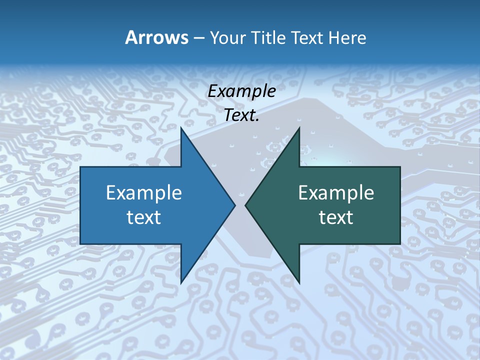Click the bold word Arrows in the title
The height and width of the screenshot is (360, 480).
[x=156, y=37]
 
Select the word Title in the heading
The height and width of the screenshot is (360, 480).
[x=269, y=37]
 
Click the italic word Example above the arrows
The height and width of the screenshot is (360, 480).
[x=241, y=91]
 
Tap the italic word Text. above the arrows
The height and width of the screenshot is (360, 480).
[x=241, y=115]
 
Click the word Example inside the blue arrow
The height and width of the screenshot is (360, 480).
[x=144, y=192]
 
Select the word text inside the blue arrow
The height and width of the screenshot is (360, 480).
[x=144, y=217]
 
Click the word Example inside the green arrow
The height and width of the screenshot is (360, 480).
[x=336, y=192]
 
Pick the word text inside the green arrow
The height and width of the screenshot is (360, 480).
[x=336, y=217]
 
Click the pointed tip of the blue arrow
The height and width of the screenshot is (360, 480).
[x=235, y=205]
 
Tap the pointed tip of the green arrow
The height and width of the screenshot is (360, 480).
[x=245, y=205]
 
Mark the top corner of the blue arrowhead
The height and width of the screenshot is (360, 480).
[x=181, y=128]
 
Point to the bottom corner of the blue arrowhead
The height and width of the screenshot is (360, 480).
[x=181, y=283]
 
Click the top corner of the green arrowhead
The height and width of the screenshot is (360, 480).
[x=299, y=128]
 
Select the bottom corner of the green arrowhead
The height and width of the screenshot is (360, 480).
[x=299, y=283]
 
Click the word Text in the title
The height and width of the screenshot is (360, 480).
[x=307, y=37]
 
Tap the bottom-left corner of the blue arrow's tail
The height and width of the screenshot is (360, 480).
[x=80, y=243]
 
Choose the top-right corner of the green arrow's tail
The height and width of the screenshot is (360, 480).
[x=400, y=167]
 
